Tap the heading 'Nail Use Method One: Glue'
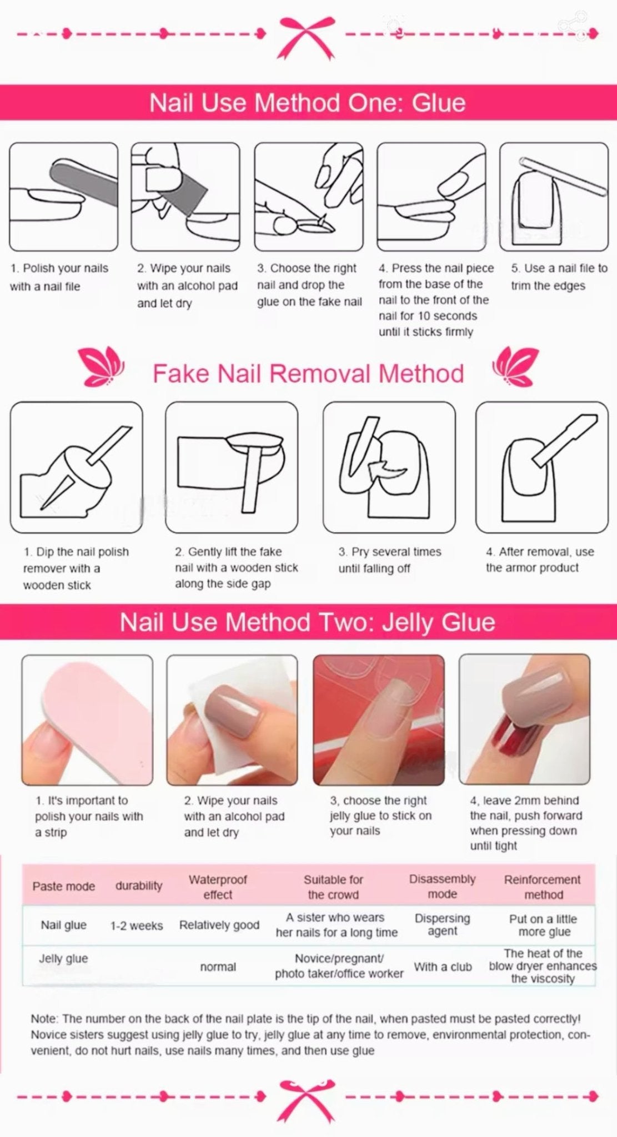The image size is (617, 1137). (307, 103)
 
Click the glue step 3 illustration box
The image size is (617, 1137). (309, 197)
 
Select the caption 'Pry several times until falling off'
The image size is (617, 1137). (390, 560)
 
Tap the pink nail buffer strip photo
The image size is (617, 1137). (87, 720)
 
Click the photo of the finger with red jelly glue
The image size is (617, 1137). (524, 720)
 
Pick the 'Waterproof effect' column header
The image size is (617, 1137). (218, 887)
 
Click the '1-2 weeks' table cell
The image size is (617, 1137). (136, 925)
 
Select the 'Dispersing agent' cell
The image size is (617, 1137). (442, 925)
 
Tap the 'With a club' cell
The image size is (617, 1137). (443, 967)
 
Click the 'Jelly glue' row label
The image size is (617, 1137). (63, 959)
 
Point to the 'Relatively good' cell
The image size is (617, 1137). (219, 925)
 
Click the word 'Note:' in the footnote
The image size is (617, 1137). (44, 1019)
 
